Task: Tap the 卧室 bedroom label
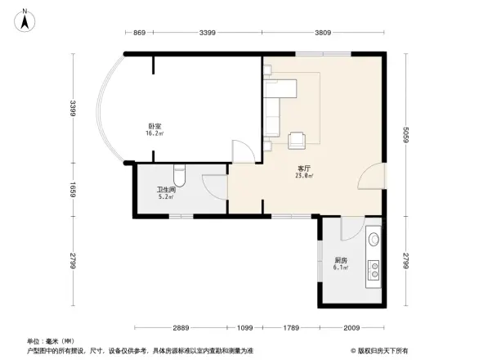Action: (154, 126)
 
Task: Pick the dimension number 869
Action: (139, 33)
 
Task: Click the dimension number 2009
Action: (351, 328)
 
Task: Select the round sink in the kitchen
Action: (374, 240)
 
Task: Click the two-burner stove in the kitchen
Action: (375, 267)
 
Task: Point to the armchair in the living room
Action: (298, 138)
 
